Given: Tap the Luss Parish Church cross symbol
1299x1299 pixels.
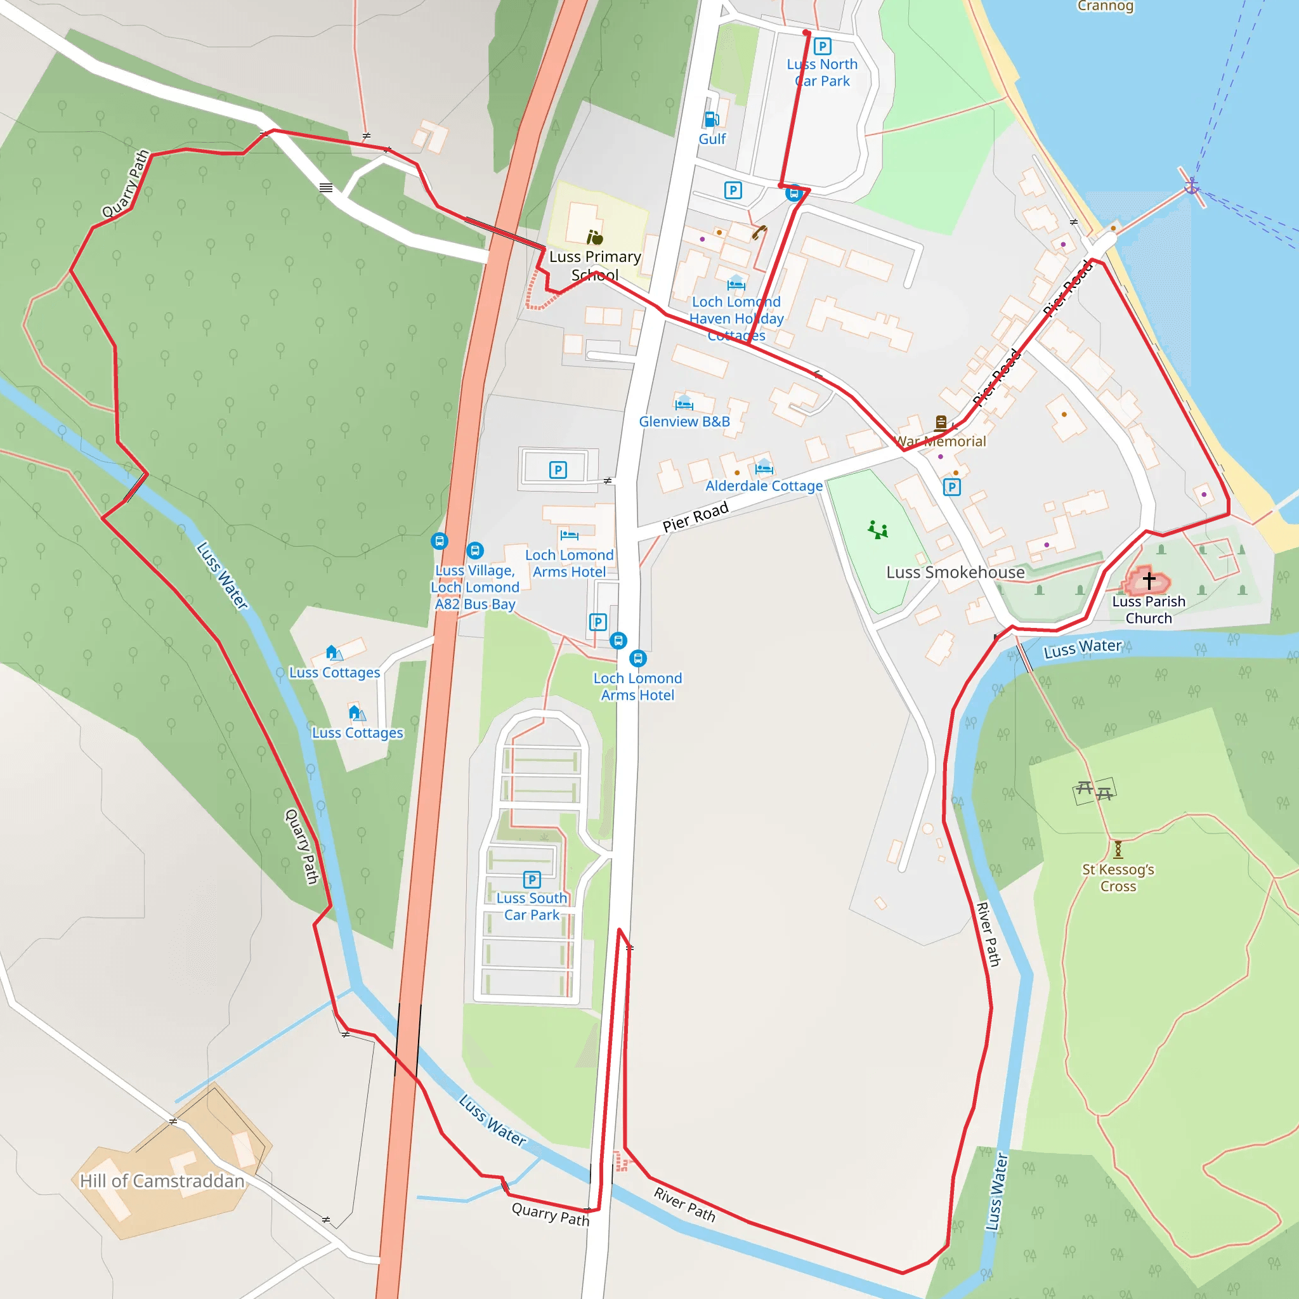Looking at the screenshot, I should pyautogui.click(x=1149, y=580).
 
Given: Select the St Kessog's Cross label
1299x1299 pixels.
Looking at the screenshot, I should pyautogui.click(x=1118, y=877).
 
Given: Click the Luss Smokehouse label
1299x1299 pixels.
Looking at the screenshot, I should pyautogui.click(x=955, y=572).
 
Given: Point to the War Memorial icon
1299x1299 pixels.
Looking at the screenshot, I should pyautogui.click(x=941, y=422).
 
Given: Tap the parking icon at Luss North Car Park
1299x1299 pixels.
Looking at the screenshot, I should pyautogui.click(x=821, y=46).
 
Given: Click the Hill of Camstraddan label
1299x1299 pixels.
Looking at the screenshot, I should pyautogui.click(x=161, y=1180).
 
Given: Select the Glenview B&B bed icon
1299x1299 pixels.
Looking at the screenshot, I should pyautogui.click(x=684, y=403).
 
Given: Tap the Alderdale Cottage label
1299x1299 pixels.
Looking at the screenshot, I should pyautogui.click(x=764, y=485).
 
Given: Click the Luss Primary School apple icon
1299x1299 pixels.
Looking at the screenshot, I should pyautogui.click(x=594, y=237).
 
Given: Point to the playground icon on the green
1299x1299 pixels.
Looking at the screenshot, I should pyautogui.click(x=877, y=530).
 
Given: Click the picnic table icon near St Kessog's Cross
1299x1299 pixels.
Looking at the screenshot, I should pyautogui.click(x=1094, y=791).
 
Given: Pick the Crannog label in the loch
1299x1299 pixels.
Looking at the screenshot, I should pyautogui.click(x=1105, y=7).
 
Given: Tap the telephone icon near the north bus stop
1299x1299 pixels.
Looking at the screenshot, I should pyautogui.click(x=760, y=233).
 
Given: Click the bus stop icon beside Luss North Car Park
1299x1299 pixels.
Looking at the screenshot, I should pyautogui.click(x=794, y=194).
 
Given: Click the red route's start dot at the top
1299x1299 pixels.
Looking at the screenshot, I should pyautogui.click(x=806, y=32).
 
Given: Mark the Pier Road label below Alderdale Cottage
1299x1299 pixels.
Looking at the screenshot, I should pyautogui.click(x=695, y=516).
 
